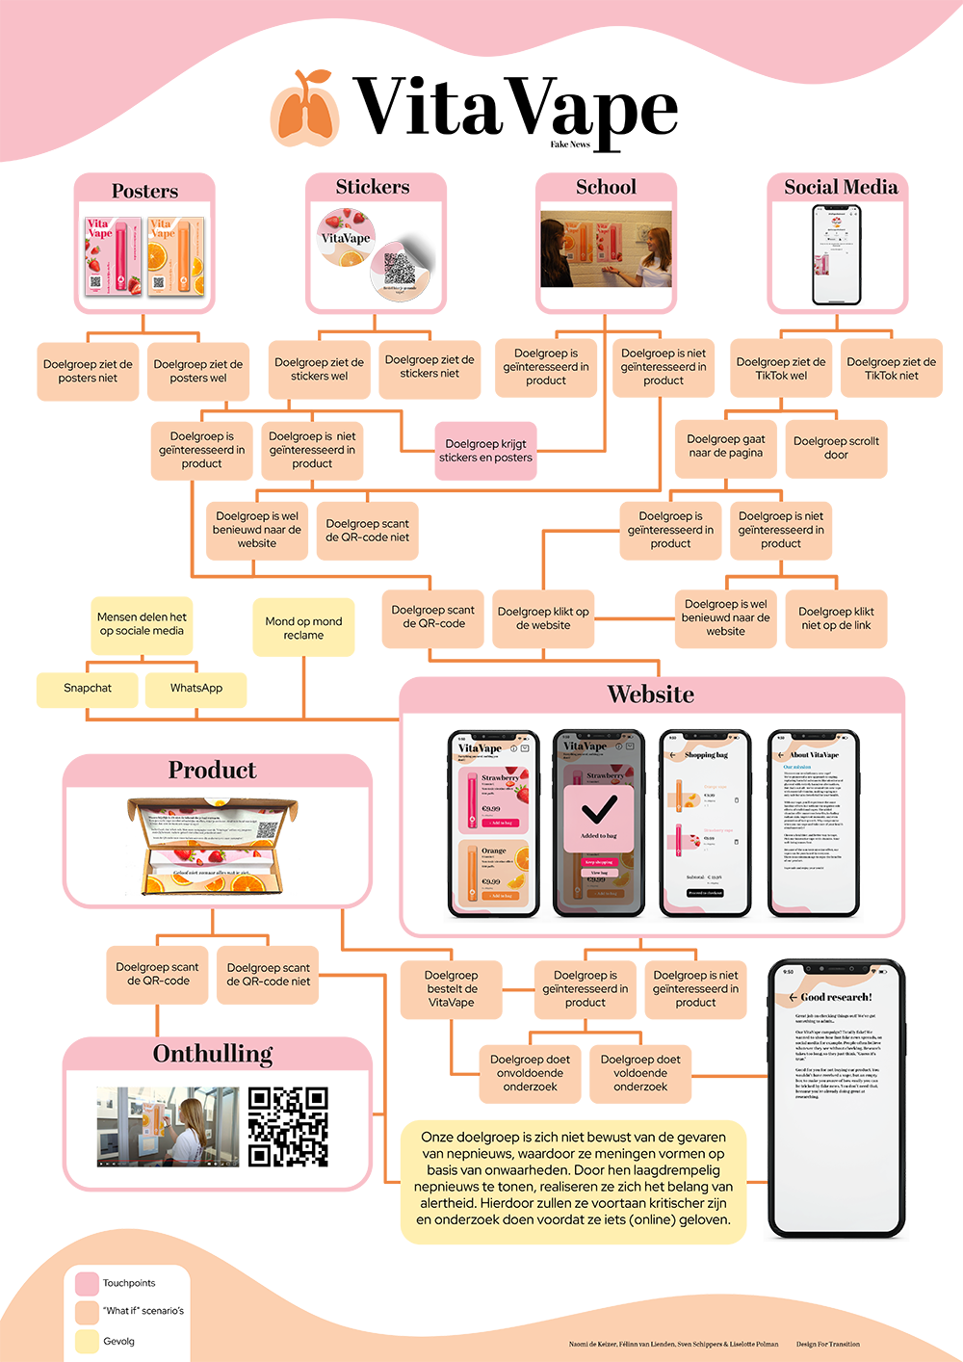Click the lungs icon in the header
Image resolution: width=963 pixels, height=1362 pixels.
coord(305,109)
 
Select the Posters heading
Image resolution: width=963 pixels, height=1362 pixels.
coord(144,191)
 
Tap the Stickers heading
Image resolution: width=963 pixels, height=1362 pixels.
coord(373,187)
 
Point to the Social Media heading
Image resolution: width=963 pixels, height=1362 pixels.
coord(841,187)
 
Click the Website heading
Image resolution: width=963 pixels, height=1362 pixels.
coord(650,694)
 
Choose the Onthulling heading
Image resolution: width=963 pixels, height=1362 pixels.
coord(213,1054)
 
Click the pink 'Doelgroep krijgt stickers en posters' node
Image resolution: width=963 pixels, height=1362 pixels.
coord(485,451)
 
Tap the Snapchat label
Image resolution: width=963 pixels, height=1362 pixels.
coord(88,688)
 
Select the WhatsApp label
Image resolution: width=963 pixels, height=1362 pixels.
coord(196,688)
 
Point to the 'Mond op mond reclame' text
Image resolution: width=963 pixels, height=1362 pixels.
coord(303,628)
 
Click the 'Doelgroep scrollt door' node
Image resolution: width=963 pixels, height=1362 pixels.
coord(836,448)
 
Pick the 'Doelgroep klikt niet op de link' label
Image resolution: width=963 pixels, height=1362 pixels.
coord(836,618)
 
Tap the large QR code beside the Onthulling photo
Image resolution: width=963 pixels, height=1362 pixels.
coord(287,1124)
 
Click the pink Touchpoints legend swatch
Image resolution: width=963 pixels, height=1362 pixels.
coord(87,1284)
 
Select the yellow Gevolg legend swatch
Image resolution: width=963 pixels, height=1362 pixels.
coord(87,1341)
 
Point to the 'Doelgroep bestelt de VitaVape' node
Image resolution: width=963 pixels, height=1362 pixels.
coord(452,989)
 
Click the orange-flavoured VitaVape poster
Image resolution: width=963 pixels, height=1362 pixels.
coord(175,256)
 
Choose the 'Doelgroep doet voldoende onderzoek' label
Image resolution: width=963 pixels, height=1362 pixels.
coord(640,1073)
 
